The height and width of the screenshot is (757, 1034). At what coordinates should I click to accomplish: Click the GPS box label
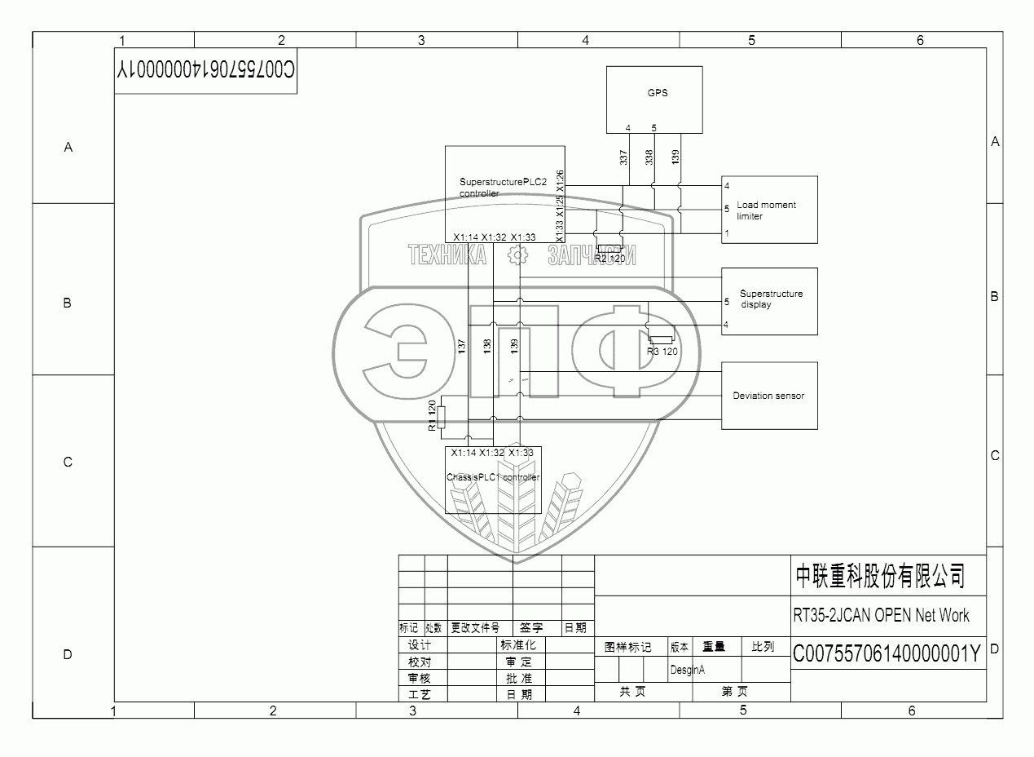[658, 93]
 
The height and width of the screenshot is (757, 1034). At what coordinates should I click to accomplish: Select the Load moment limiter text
[766, 210]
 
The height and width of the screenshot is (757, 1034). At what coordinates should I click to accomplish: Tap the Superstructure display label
[770, 299]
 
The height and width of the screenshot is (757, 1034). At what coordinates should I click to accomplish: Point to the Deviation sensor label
[768, 396]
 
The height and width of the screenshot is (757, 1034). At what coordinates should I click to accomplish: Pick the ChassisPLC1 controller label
[493, 477]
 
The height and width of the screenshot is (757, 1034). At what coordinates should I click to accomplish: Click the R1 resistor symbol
[441, 416]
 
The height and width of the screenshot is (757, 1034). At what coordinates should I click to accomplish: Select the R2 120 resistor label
[609, 259]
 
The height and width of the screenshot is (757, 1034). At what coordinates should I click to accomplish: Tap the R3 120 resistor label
[662, 352]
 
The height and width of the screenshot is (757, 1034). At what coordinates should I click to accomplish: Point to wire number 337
[624, 157]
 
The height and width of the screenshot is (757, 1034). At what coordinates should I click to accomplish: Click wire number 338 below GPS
[649, 157]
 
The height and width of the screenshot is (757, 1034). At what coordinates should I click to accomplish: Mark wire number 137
[462, 346]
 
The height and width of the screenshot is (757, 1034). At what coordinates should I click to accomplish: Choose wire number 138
[487, 346]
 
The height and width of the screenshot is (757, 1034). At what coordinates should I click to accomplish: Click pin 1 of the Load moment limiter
[726, 234]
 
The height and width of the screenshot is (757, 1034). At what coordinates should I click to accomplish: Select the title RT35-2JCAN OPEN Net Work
[881, 615]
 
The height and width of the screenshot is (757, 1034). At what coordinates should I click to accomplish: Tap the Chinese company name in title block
[880, 576]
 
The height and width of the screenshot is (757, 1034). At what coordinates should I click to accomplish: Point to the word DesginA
[687, 670]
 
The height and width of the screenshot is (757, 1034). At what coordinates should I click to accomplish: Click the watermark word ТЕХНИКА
[447, 256]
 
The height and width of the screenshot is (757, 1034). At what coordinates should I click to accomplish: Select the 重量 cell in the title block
[714, 647]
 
